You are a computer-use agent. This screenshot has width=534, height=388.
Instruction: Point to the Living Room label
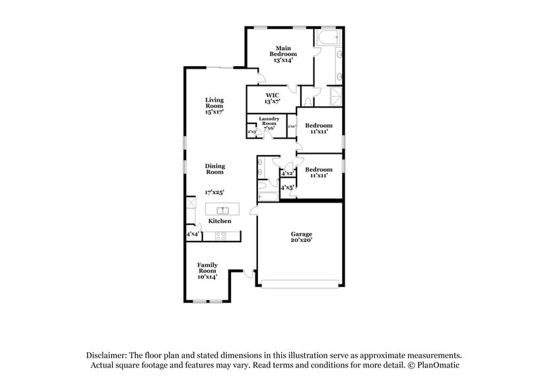point(214,106)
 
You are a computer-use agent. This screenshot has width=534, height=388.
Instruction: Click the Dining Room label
point(215,169)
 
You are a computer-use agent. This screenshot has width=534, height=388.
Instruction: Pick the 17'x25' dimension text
point(215,192)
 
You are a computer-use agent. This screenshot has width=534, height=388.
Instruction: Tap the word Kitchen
point(220,221)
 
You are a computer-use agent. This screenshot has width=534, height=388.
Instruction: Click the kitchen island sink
point(223,210)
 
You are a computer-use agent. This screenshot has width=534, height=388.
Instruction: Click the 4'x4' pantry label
point(193,234)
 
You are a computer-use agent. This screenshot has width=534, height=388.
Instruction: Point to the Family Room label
point(207,271)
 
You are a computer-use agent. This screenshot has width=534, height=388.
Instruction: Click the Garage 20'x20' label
point(301,238)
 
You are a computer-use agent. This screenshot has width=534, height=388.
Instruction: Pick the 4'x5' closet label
point(288,188)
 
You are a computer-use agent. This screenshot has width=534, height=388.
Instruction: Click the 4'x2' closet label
point(288,174)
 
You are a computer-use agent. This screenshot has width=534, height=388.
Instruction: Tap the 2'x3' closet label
point(251,132)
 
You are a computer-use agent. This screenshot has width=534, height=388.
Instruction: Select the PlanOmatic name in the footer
point(435,365)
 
